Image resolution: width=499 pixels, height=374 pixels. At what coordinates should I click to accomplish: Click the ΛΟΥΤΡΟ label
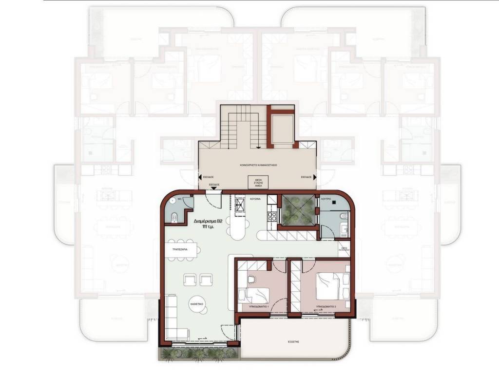click(326, 200)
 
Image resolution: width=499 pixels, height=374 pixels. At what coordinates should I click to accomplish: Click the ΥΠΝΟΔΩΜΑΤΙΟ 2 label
click(326, 306)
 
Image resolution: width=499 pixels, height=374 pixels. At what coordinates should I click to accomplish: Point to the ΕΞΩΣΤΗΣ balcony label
click(293, 342)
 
